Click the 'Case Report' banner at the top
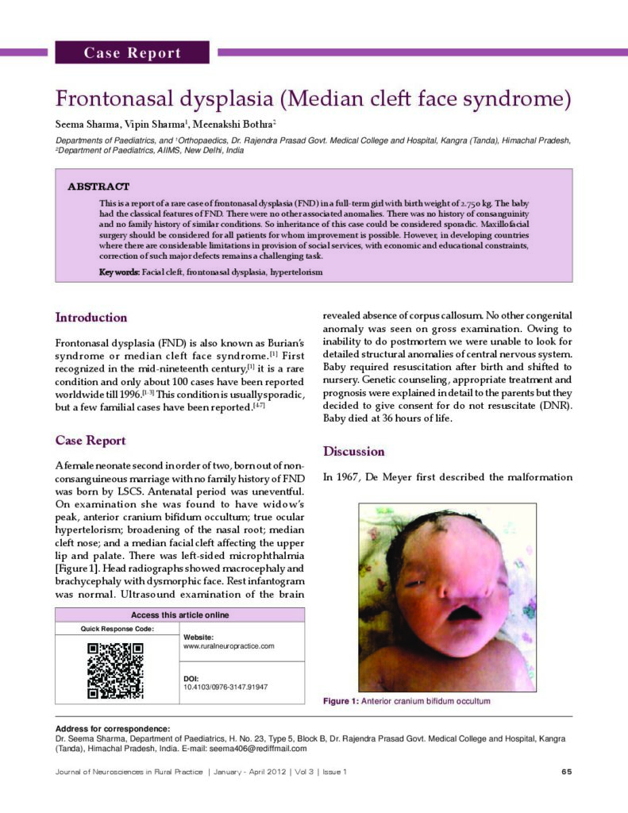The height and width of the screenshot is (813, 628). [133, 53]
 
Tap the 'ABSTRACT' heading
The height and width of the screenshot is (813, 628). [98, 187]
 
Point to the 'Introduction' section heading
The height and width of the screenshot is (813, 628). [91, 318]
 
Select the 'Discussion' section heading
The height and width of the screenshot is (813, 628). [353, 452]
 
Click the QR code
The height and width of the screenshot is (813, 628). [115, 670]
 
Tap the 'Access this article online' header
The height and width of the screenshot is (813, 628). [179, 615]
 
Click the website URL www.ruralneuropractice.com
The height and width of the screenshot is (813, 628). [229, 646]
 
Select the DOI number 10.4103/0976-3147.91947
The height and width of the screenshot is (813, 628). [225, 687]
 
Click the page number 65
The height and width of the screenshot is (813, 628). [566, 772]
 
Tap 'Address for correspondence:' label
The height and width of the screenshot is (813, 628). [112, 729]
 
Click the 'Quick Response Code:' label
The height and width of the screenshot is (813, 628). [118, 629]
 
